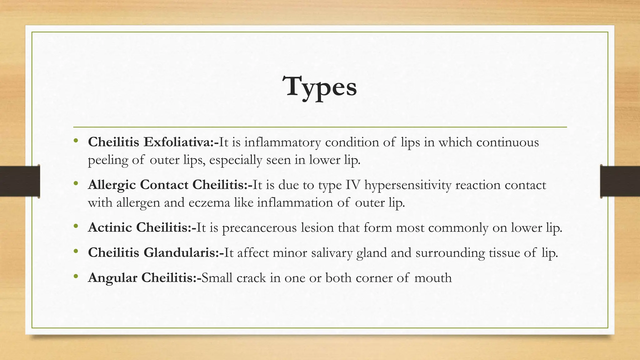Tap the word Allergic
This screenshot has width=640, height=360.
112,185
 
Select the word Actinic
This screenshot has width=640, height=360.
110,227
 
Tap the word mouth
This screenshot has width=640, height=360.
433,278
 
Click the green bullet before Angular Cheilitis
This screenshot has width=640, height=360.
76,277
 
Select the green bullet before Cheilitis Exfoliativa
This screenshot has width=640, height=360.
76,141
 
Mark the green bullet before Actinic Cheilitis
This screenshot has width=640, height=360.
76,226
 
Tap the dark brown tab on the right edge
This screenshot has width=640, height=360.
620,182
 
